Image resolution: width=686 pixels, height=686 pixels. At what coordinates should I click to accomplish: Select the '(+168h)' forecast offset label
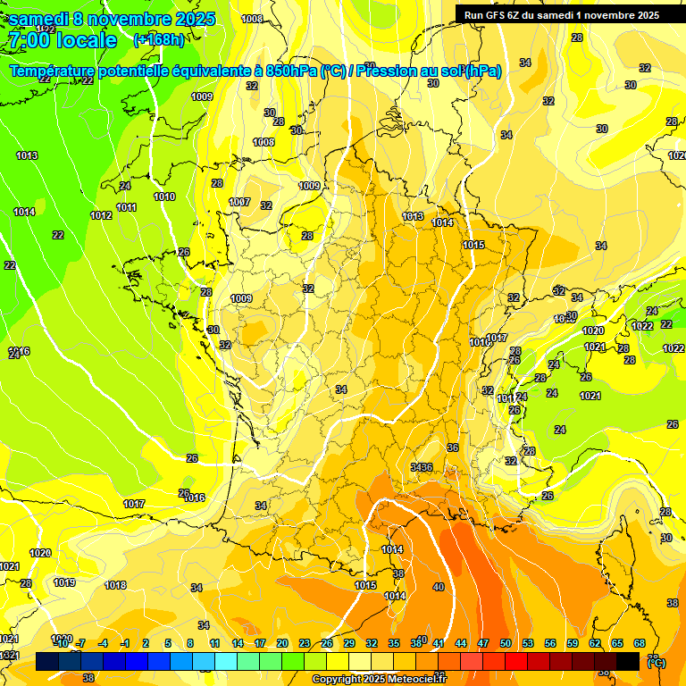click(159, 40)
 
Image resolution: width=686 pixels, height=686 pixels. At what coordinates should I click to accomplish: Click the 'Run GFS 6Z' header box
click(561, 14)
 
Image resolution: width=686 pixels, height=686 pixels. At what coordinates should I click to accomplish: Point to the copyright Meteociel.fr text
click(379, 679)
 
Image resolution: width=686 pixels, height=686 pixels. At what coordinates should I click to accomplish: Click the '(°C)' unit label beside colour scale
click(656, 663)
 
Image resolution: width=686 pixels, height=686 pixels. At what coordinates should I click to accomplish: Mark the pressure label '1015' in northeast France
click(473, 246)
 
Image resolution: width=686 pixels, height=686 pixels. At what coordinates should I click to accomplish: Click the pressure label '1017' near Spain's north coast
click(134, 505)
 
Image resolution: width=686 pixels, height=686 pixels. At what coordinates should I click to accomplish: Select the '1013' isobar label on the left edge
click(27, 156)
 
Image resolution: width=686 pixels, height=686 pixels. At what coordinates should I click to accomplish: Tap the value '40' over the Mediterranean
click(438, 587)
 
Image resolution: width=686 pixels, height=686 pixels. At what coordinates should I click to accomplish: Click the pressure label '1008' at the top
click(253, 19)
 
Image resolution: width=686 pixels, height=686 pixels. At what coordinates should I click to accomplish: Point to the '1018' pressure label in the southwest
click(115, 586)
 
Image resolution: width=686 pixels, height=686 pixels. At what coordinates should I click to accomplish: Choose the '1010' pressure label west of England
click(164, 197)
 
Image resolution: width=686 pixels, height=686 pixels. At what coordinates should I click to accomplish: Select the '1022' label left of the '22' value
click(643, 326)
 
